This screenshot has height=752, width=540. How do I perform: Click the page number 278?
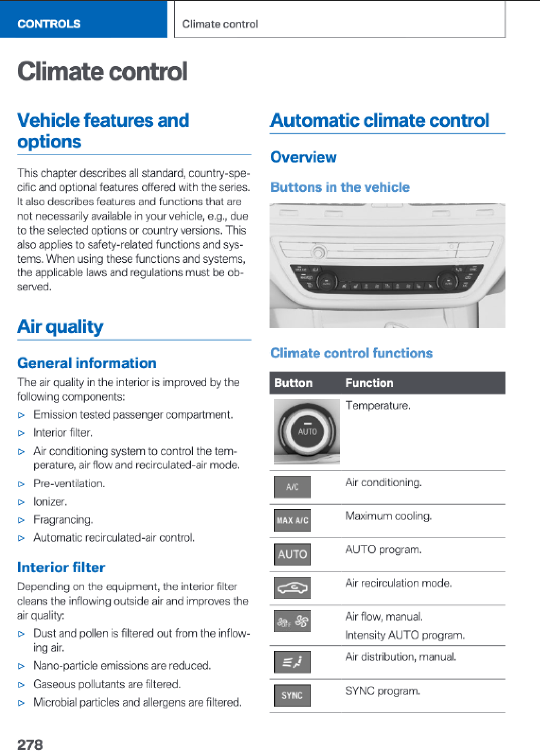30,744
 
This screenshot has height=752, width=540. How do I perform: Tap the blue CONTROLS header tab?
83,19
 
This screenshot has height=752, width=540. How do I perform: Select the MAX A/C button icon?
292,520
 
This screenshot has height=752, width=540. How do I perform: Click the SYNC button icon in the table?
292,695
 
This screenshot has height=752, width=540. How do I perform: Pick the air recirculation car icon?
292,588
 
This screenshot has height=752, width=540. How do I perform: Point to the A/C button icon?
292,487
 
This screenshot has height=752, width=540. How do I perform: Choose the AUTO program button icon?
292,554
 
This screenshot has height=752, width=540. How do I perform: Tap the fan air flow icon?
292,621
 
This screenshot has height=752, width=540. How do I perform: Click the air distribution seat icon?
292,662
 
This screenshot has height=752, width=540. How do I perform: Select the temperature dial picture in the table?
306,431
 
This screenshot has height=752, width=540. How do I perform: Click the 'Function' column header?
369,383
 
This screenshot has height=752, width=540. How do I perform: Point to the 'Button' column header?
293,383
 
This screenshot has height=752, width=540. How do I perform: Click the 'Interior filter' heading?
61,567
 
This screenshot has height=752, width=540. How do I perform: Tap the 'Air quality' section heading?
60,326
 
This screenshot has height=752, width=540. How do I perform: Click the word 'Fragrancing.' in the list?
63,520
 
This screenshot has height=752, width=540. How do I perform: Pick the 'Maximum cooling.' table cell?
388,516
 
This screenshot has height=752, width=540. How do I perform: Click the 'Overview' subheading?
303,157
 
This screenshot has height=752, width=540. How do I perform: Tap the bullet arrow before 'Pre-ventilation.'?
21,484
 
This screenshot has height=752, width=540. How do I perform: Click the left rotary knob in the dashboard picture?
326,282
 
